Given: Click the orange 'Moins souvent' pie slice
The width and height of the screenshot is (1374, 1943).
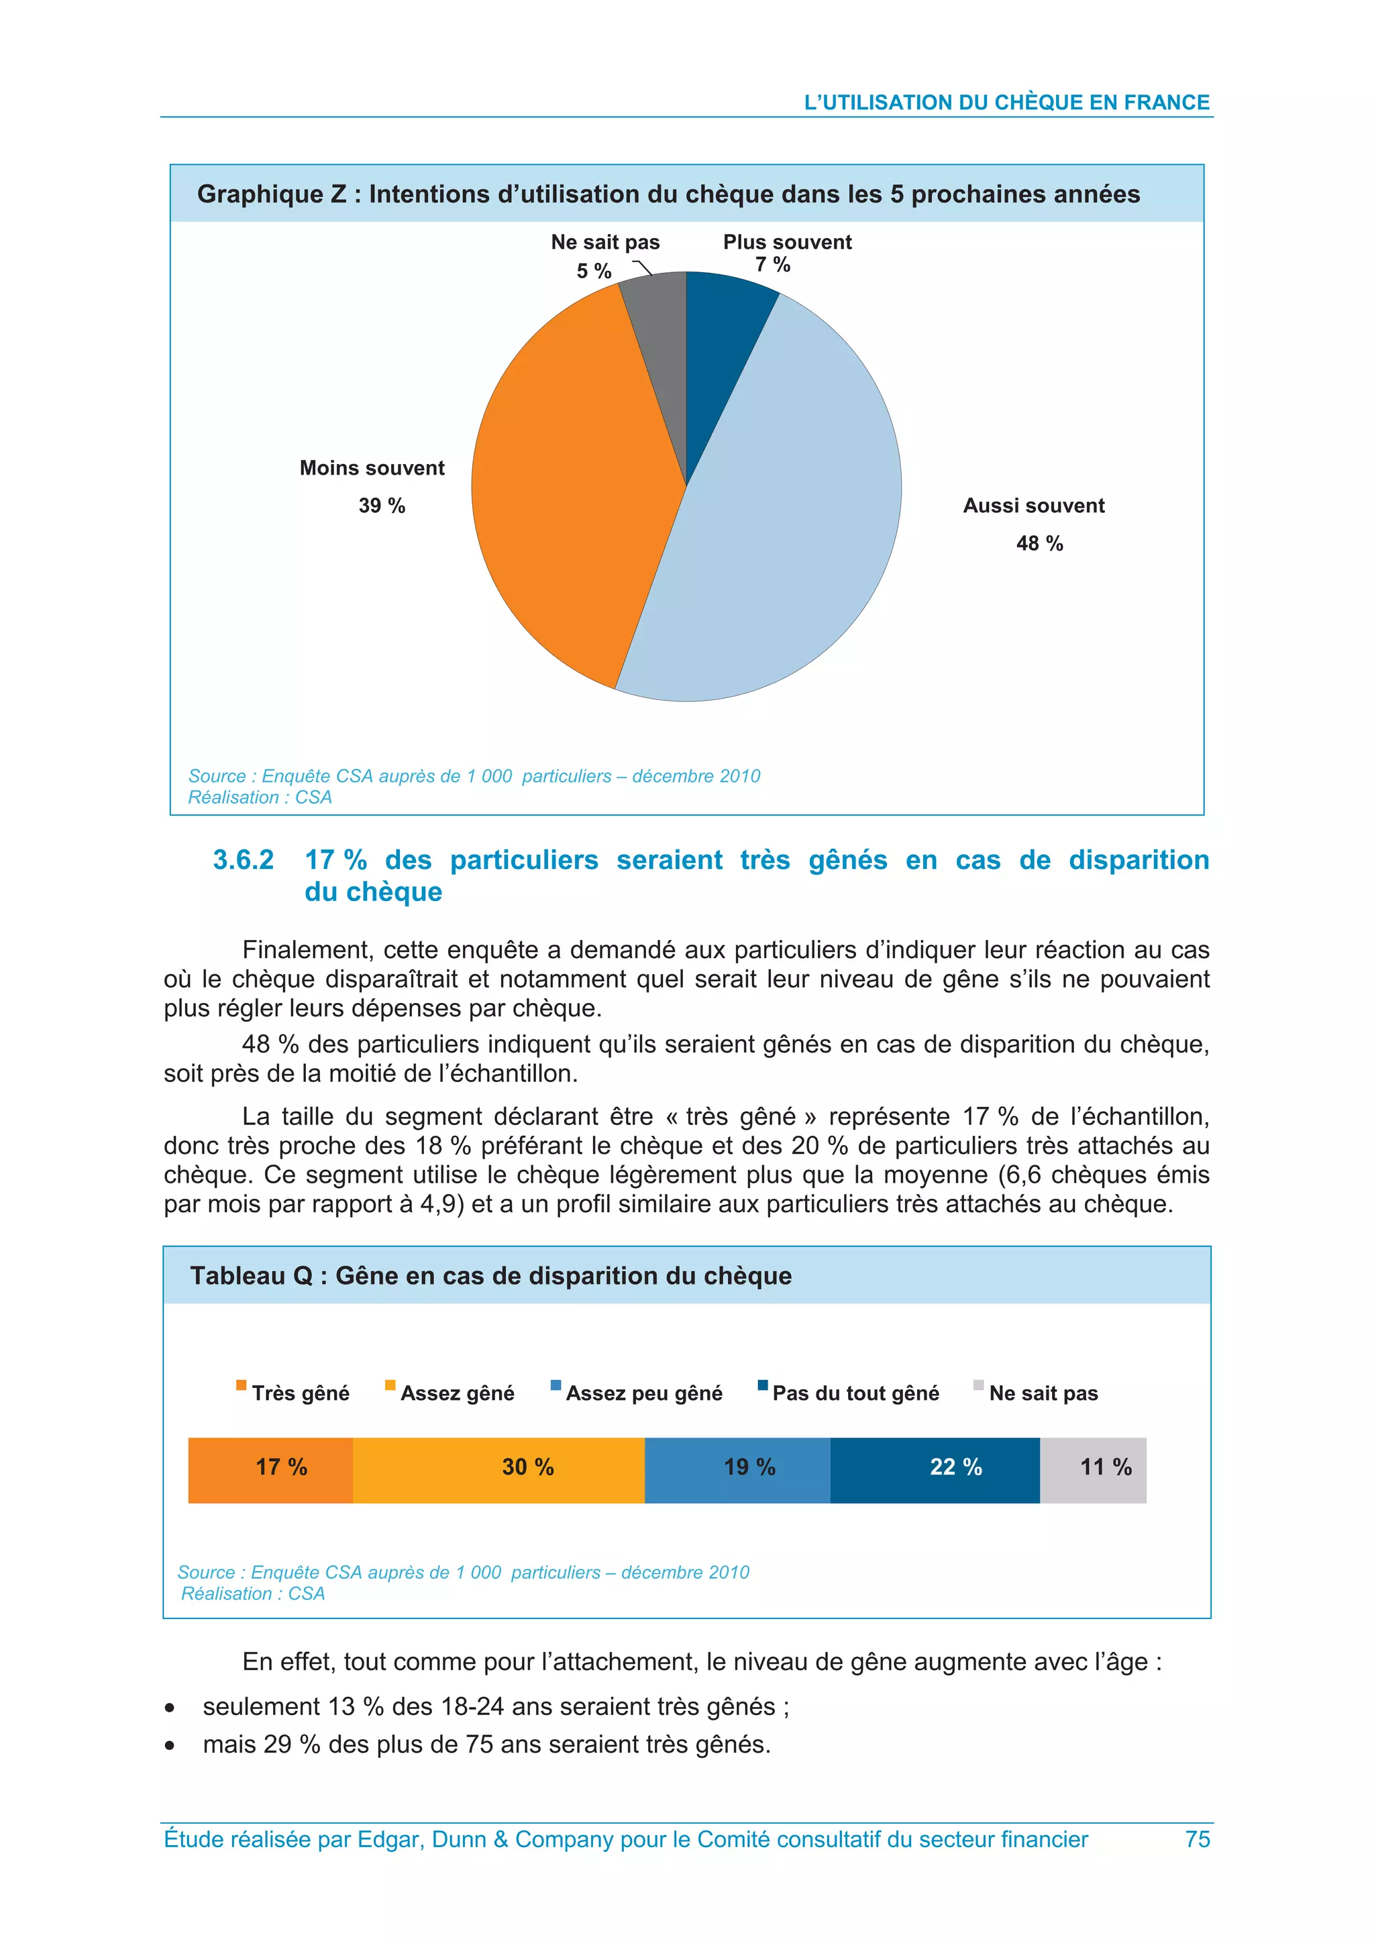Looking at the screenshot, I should click(x=576, y=491).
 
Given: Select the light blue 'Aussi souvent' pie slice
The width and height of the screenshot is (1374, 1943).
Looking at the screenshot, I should click(x=788, y=525).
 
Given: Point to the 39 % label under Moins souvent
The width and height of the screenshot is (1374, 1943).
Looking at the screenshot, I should click(x=382, y=506).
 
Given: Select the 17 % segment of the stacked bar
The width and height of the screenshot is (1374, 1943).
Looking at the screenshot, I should click(x=271, y=1470).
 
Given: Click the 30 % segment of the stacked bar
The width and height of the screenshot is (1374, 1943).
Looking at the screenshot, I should click(x=499, y=1470).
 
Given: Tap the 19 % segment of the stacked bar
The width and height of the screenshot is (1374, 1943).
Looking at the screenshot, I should click(x=737, y=1470).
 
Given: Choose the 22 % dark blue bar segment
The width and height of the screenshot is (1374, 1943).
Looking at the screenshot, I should click(x=935, y=1470).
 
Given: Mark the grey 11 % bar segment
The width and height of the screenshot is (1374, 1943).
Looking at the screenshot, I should click(x=1093, y=1470).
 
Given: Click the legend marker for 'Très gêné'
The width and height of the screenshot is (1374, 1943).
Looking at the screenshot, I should click(x=242, y=1385).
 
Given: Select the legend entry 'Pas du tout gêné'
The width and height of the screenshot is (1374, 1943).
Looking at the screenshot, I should click(x=855, y=1393).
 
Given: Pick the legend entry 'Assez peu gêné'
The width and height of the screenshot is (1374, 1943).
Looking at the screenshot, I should click(x=643, y=1393).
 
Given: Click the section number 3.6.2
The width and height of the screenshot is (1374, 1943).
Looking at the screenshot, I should click(x=243, y=860).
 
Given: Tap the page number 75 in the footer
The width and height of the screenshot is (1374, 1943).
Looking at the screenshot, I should click(x=1197, y=1839).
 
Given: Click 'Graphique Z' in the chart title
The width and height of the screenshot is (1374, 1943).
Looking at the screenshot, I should click(x=271, y=194).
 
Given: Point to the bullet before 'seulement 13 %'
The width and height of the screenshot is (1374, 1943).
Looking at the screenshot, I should click(x=170, y=1708).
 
